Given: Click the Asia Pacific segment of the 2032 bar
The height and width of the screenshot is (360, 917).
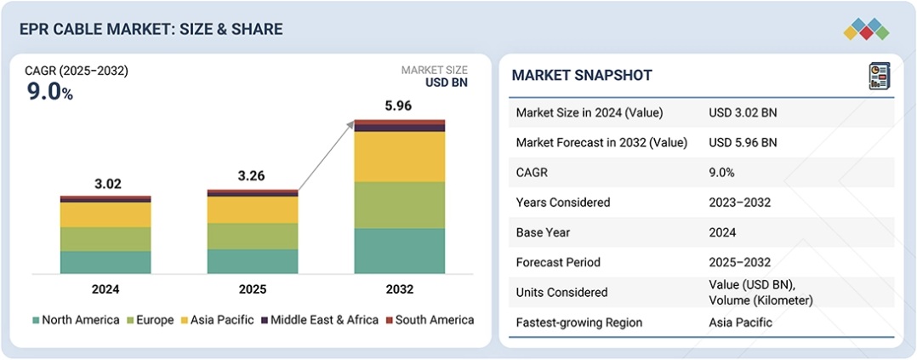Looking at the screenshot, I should click(x=399, y=157).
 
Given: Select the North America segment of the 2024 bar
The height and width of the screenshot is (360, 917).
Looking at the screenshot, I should click(x=105, y=262).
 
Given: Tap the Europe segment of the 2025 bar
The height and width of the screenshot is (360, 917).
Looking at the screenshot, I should click(x=253, y=236).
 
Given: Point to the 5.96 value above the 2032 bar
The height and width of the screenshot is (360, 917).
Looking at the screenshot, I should click(x=399, y=107).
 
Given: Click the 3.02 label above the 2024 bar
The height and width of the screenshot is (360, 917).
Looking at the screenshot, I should click(x=105, y=183).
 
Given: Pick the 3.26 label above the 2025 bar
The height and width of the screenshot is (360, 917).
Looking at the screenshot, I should click(x=253, y=177).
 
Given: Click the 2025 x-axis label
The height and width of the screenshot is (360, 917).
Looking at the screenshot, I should click(x=253, y=289).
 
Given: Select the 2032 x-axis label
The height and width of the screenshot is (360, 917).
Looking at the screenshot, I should click(x=399, y=289).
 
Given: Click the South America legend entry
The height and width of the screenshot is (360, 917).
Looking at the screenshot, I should click(x=429, y=320).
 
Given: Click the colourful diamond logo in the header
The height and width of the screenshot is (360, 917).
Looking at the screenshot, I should click(x=866, y=30).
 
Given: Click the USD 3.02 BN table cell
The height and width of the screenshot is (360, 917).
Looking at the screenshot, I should click(x=742, y=112).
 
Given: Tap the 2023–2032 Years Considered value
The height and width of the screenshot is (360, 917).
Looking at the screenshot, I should click(x=741, y=203).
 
